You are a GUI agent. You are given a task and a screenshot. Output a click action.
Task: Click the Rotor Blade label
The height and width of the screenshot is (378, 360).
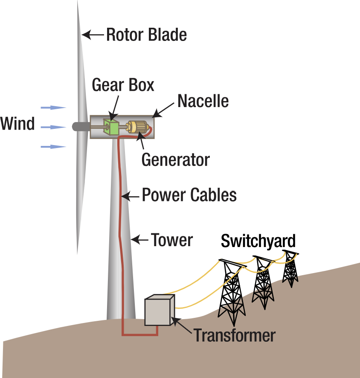point(146,35)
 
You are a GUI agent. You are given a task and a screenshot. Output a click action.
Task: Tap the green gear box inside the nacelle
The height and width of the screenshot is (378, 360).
point(113,127)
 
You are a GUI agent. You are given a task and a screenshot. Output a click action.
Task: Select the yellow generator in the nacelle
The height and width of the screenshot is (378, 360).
point(137,127)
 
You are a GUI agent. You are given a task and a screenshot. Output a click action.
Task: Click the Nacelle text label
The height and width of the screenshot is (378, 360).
point(203,102)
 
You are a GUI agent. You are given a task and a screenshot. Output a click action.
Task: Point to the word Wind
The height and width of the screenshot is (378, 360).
point(17,124)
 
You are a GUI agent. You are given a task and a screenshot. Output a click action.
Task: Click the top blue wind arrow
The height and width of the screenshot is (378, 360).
point(53,108)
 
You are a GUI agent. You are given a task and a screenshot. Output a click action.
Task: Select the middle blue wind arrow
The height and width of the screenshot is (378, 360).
point(53,127)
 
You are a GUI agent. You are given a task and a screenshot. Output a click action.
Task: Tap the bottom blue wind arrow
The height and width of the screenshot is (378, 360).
point(53,146)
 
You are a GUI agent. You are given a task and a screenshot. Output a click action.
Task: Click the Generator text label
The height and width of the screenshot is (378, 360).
point(175,160)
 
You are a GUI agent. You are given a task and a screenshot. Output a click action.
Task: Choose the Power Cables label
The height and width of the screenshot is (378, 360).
point(189,195)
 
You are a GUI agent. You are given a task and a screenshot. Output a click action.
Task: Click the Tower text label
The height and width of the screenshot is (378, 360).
point(172,240)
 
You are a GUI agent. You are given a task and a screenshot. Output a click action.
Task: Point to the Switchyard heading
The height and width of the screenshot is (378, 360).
point(258,241)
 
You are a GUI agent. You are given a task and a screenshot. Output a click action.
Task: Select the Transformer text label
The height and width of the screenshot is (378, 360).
point(235,335)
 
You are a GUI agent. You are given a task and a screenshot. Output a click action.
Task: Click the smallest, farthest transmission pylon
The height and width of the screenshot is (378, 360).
point(290,269)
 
